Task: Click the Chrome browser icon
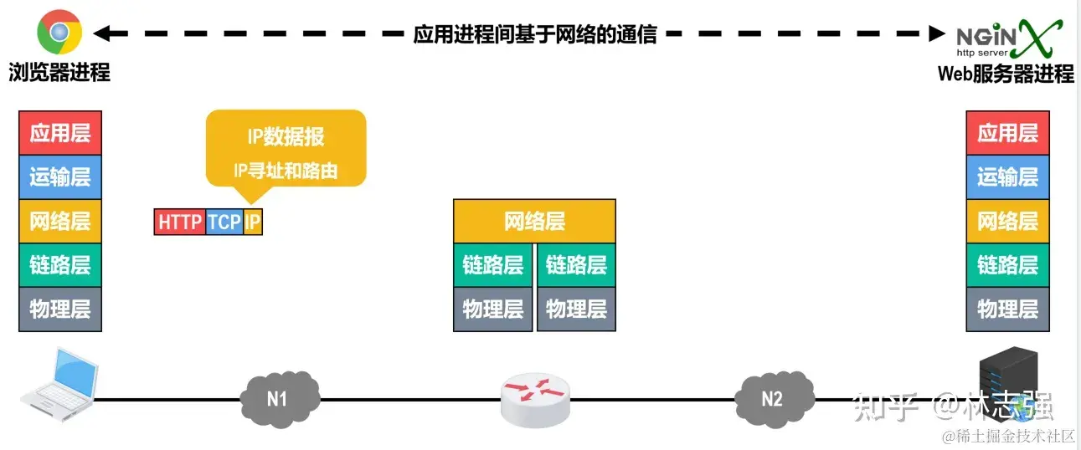(x=59, y=33)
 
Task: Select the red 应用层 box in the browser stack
(x=59, y=133)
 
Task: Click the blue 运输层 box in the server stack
(x=1007, y=177)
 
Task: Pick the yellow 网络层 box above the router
(x=534, y=222)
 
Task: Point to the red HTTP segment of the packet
(x=180, y=222)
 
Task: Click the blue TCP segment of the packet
(x=224, y=222)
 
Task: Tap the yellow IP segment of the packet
(x=253, y=222)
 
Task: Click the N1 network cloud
(x=277, y=398)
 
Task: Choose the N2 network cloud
(x=771, y=398)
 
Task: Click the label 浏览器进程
(x=59, y=73)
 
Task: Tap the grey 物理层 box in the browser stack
(x=59, y=309)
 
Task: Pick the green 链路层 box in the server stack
(x=1007, y=265)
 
